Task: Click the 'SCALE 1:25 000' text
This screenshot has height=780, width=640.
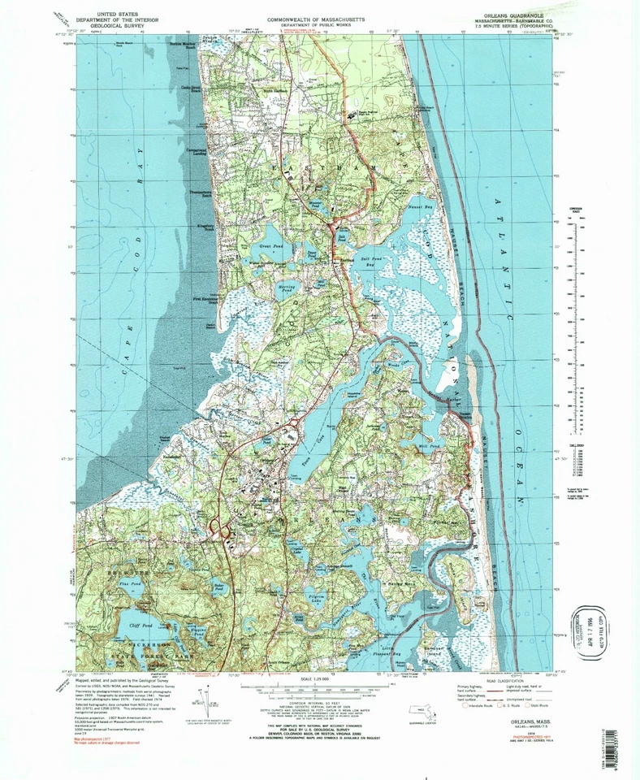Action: [318, 678]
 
